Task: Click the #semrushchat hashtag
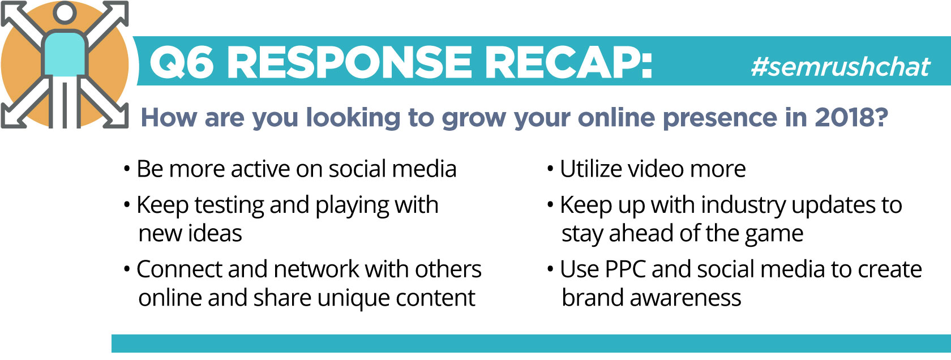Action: (840, 67)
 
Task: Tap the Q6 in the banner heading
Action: (181, 62)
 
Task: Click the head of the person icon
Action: (65, 12)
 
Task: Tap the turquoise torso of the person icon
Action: (65, 54)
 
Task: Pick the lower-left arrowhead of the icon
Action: (12, 116)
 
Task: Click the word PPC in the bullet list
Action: (625, 269)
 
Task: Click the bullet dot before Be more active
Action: (127, 169)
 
